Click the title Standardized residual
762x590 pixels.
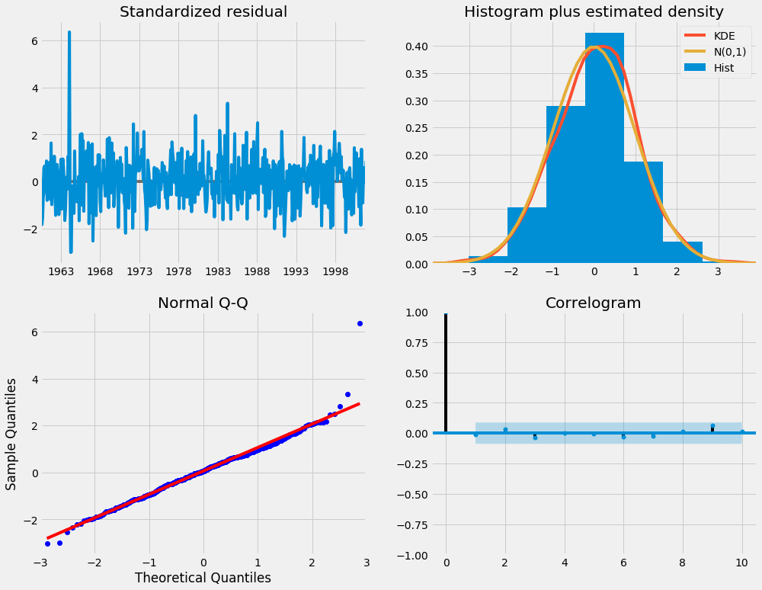(x=201, y=11)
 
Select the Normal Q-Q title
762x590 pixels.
(x=201, y=303)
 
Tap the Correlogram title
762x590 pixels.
(x=594, y=303)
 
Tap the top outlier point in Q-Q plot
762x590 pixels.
(x=360, y=323)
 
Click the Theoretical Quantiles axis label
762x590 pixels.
(x=202, y=577)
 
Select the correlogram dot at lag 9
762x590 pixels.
(x=712, y=426)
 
